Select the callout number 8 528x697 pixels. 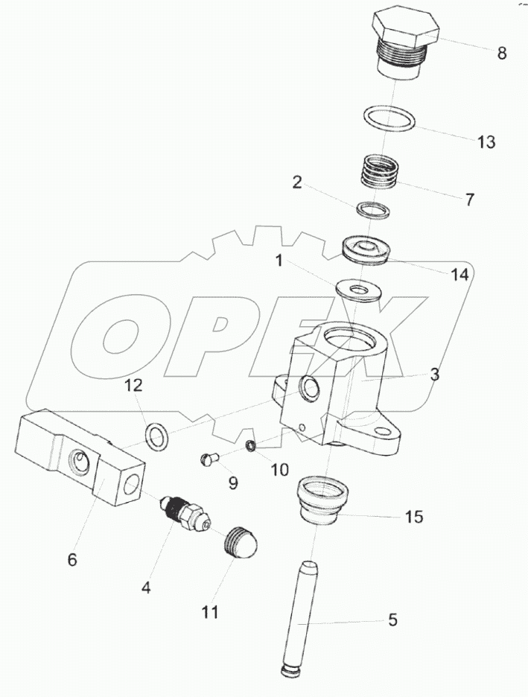[x=501, y=54]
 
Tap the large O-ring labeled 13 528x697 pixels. [x=389, y=118]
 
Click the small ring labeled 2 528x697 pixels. [x=373, y=210]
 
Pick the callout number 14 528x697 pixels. [x=459, y=276]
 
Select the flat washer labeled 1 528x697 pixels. [x=358, y=292]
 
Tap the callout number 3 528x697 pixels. [x=435, y=375]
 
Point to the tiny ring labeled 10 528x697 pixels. [x=252, y=445]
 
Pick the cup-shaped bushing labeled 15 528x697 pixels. [x=322, y=500]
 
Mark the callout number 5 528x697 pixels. [x=392, y=620]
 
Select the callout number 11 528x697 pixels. [x=210, y=612]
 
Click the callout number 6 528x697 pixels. [x=72, y=559]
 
